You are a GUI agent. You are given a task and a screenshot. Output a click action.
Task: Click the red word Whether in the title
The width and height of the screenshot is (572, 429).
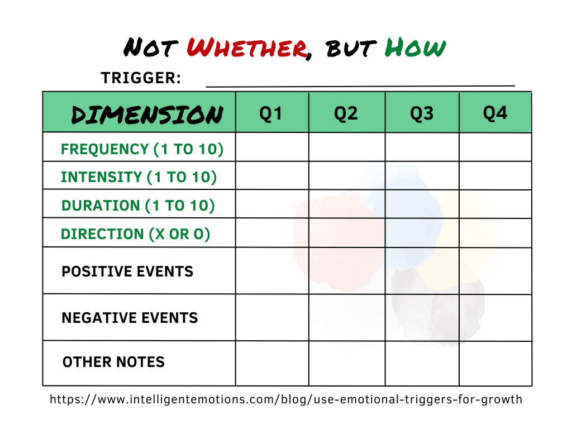246,48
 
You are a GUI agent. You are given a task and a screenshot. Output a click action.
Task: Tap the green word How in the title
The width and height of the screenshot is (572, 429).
416,48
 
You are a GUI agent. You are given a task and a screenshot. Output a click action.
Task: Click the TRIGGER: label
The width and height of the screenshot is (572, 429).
141,79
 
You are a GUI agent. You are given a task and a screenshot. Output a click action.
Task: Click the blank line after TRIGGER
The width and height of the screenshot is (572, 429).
360,84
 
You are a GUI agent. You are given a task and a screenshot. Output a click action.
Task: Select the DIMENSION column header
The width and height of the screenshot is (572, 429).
146,115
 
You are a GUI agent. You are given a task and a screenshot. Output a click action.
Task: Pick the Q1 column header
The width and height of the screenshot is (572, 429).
271,113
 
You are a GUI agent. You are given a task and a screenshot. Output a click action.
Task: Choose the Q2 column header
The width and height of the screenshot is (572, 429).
346,113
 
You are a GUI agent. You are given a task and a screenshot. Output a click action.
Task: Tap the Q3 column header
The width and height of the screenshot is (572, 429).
422,113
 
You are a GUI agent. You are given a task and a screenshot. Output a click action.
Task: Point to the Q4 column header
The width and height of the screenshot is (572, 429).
495,113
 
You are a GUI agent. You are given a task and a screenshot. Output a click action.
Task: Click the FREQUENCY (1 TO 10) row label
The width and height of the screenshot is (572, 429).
142,149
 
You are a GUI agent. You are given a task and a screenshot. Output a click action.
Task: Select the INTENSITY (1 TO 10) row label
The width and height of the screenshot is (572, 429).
139,177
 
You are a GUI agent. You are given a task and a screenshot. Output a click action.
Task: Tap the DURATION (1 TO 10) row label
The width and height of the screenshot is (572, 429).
138,206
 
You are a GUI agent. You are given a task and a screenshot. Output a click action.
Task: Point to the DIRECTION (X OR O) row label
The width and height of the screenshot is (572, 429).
136,234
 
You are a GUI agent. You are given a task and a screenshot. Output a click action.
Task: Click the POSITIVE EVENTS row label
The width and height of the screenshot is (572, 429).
127,271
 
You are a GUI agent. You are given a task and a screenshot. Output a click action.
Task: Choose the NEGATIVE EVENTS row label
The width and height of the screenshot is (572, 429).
130,318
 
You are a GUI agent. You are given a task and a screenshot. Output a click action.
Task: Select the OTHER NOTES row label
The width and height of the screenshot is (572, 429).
113,362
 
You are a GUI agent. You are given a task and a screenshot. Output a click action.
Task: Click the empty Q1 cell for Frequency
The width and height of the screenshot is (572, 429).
272,147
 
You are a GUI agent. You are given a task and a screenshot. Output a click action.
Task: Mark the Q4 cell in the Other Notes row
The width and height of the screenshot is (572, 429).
495,363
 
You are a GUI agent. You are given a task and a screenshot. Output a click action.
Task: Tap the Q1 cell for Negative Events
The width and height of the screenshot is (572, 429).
272,317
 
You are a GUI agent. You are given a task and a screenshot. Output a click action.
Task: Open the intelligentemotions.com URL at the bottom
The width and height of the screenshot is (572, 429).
286,399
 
